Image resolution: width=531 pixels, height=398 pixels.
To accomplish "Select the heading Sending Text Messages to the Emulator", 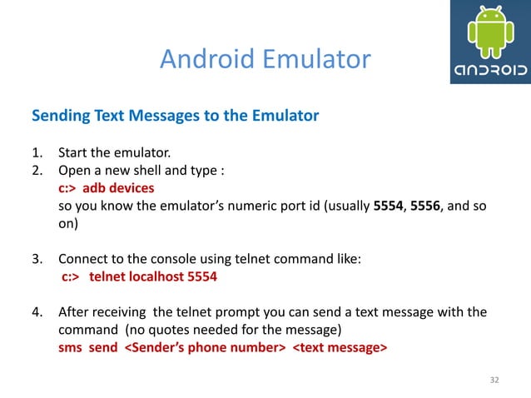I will tap(175, 116).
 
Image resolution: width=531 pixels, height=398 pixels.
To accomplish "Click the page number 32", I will tap(494, 380).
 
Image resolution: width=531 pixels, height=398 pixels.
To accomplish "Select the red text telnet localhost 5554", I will tap(153, 277).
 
